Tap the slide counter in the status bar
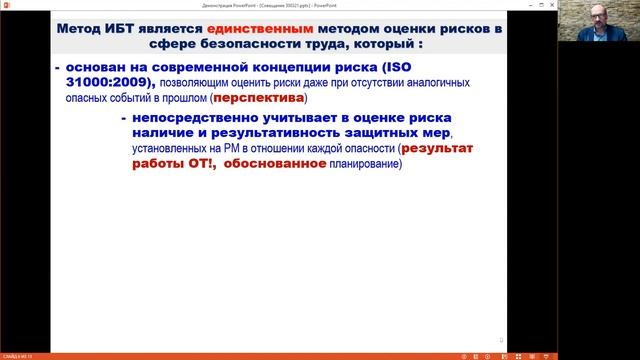click(x=15, y=355)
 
